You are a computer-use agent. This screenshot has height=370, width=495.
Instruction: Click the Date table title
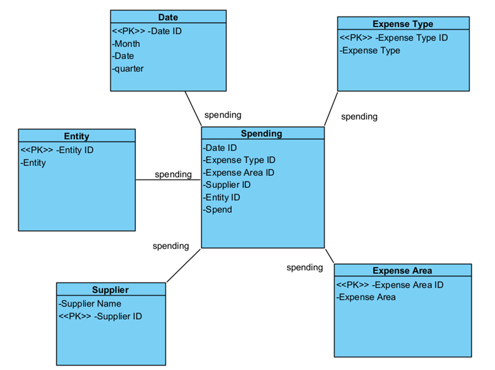point(168,17)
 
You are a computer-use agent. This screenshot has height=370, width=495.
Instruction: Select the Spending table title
point(262,133)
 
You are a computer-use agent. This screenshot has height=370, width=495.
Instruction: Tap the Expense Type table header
point(403,24)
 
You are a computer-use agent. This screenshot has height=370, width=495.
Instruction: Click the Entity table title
point(76,136)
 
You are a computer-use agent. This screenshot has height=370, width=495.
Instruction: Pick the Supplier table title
point(110,289)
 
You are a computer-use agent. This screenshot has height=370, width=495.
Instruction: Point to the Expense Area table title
point(402,270)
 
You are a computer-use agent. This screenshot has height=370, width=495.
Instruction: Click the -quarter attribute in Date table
point(128,69)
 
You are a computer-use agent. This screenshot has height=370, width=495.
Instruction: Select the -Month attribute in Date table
point(126,44)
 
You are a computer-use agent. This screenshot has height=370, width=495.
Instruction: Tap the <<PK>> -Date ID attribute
point(147,30)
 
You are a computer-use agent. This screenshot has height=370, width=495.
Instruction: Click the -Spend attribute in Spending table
point(218,209)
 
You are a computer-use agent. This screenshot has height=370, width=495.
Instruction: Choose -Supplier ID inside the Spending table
point(227,185)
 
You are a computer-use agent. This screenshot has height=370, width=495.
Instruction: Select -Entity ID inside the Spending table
point(222,197)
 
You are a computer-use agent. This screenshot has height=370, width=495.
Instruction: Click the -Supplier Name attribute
point(90,303)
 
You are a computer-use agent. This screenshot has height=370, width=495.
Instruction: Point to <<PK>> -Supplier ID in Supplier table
point(100,316)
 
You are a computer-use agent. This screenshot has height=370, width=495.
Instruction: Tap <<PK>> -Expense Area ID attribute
point(390,285)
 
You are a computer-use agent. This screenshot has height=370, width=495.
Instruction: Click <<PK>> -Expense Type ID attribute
point(393,37)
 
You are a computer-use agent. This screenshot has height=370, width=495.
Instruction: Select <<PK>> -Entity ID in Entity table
point(57,150)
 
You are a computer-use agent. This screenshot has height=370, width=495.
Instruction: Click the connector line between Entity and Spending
point(168,180)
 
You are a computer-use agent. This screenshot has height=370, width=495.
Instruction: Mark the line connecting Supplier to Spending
point(183,265)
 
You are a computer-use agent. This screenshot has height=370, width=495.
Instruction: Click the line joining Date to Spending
point(193,109)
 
